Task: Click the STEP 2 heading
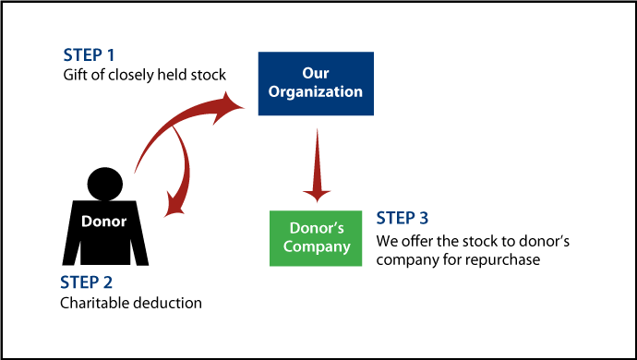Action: tap(90, 282)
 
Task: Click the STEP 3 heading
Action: tap(403, 220)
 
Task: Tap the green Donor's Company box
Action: tap(317, 238)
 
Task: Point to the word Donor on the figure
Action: tap(103, 222)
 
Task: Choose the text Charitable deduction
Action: tap(130, 303)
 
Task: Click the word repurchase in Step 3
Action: tap(509, 260)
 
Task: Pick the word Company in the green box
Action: tap(317, 247)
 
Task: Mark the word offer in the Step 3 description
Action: tap(415, 242)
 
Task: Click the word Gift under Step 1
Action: tap(74, 75)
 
